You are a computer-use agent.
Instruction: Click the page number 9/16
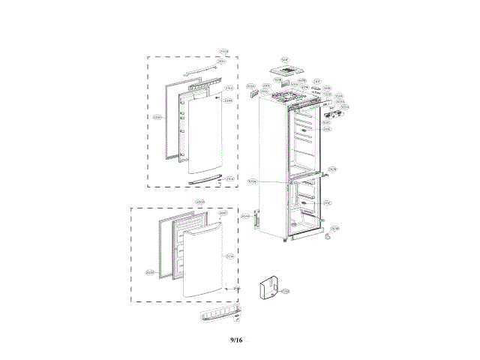coord(236,340)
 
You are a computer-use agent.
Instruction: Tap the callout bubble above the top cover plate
coord(285,59)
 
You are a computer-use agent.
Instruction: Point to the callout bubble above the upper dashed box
coord(223,51)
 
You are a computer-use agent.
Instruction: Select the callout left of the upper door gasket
coord(157,117)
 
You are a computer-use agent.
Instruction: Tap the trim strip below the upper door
coord(207,179)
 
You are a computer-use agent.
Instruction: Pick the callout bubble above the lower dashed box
coord(200,202)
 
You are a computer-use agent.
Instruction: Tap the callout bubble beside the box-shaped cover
coord(285,291)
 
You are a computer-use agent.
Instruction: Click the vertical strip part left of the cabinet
coord(256,219)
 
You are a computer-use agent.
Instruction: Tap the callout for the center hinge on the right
coord(332,169)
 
